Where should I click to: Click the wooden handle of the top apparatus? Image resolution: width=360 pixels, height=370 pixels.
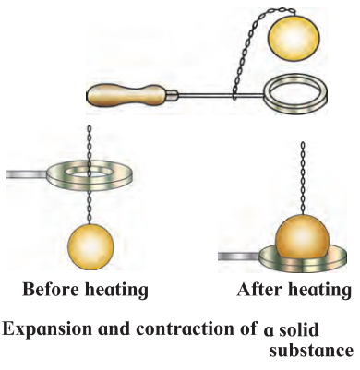(x=126, y=95)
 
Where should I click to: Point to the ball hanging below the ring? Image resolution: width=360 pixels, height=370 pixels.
(x=90, y=246)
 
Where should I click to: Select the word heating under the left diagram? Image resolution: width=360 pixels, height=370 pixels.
(x=116, y=291)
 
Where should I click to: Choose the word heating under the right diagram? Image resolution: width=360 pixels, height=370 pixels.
(x=319, y=291)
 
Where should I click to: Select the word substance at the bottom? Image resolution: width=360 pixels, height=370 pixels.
(x=311, y=351)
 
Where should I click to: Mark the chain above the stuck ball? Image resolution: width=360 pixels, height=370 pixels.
(x=303, y=178)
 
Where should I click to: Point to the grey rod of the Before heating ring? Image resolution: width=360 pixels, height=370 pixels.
(x=27, y=174)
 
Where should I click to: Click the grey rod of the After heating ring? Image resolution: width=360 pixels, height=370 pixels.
(x=239, y=256)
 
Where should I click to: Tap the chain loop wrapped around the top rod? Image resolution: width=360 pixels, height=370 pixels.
(x=234, y=95)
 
